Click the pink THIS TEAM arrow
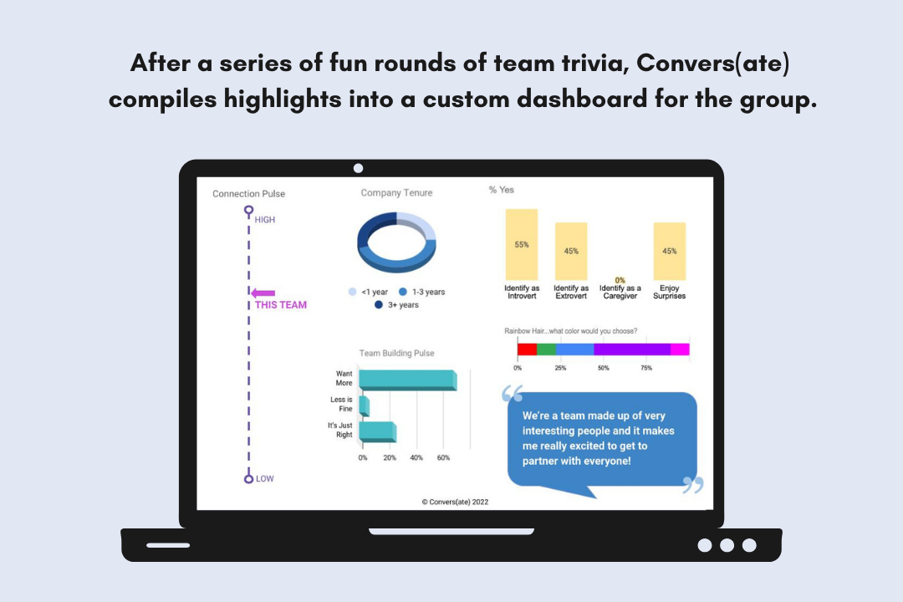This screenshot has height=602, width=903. click(x=263, y=293)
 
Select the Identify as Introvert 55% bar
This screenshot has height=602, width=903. click(x=522, y=244)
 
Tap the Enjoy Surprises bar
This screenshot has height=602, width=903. click(x=669, y=251)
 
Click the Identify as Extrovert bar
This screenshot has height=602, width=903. click(x=571, y=251)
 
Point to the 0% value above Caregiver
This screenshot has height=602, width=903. click(x=620, y=280)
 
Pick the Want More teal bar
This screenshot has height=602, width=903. click(x=408, y=380)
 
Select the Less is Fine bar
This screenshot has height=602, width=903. click(x=364, y=406)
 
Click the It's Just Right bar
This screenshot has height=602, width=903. click(x=378, y=432)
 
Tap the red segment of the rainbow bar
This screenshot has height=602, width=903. click(x=527, y=349)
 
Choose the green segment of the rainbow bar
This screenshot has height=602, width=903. click(x=547, y=349)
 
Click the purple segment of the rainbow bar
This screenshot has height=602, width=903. click(x=632, y=349)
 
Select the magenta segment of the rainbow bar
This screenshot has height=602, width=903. click(x=680, y=349)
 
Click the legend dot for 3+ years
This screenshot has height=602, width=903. click(x=379, y=304)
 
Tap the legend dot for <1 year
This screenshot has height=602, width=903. click(x=353, y=292)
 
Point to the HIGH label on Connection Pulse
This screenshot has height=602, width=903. click(x=265, y=220)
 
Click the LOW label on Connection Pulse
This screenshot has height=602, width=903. click(x=265, y=479)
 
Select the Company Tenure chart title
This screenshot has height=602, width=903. click(x=397, y=193)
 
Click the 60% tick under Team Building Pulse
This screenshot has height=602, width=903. click(x=443, y=458)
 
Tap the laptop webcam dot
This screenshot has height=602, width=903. click(x=358, y=168)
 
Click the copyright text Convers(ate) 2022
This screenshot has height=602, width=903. click(x=455, y=502)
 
